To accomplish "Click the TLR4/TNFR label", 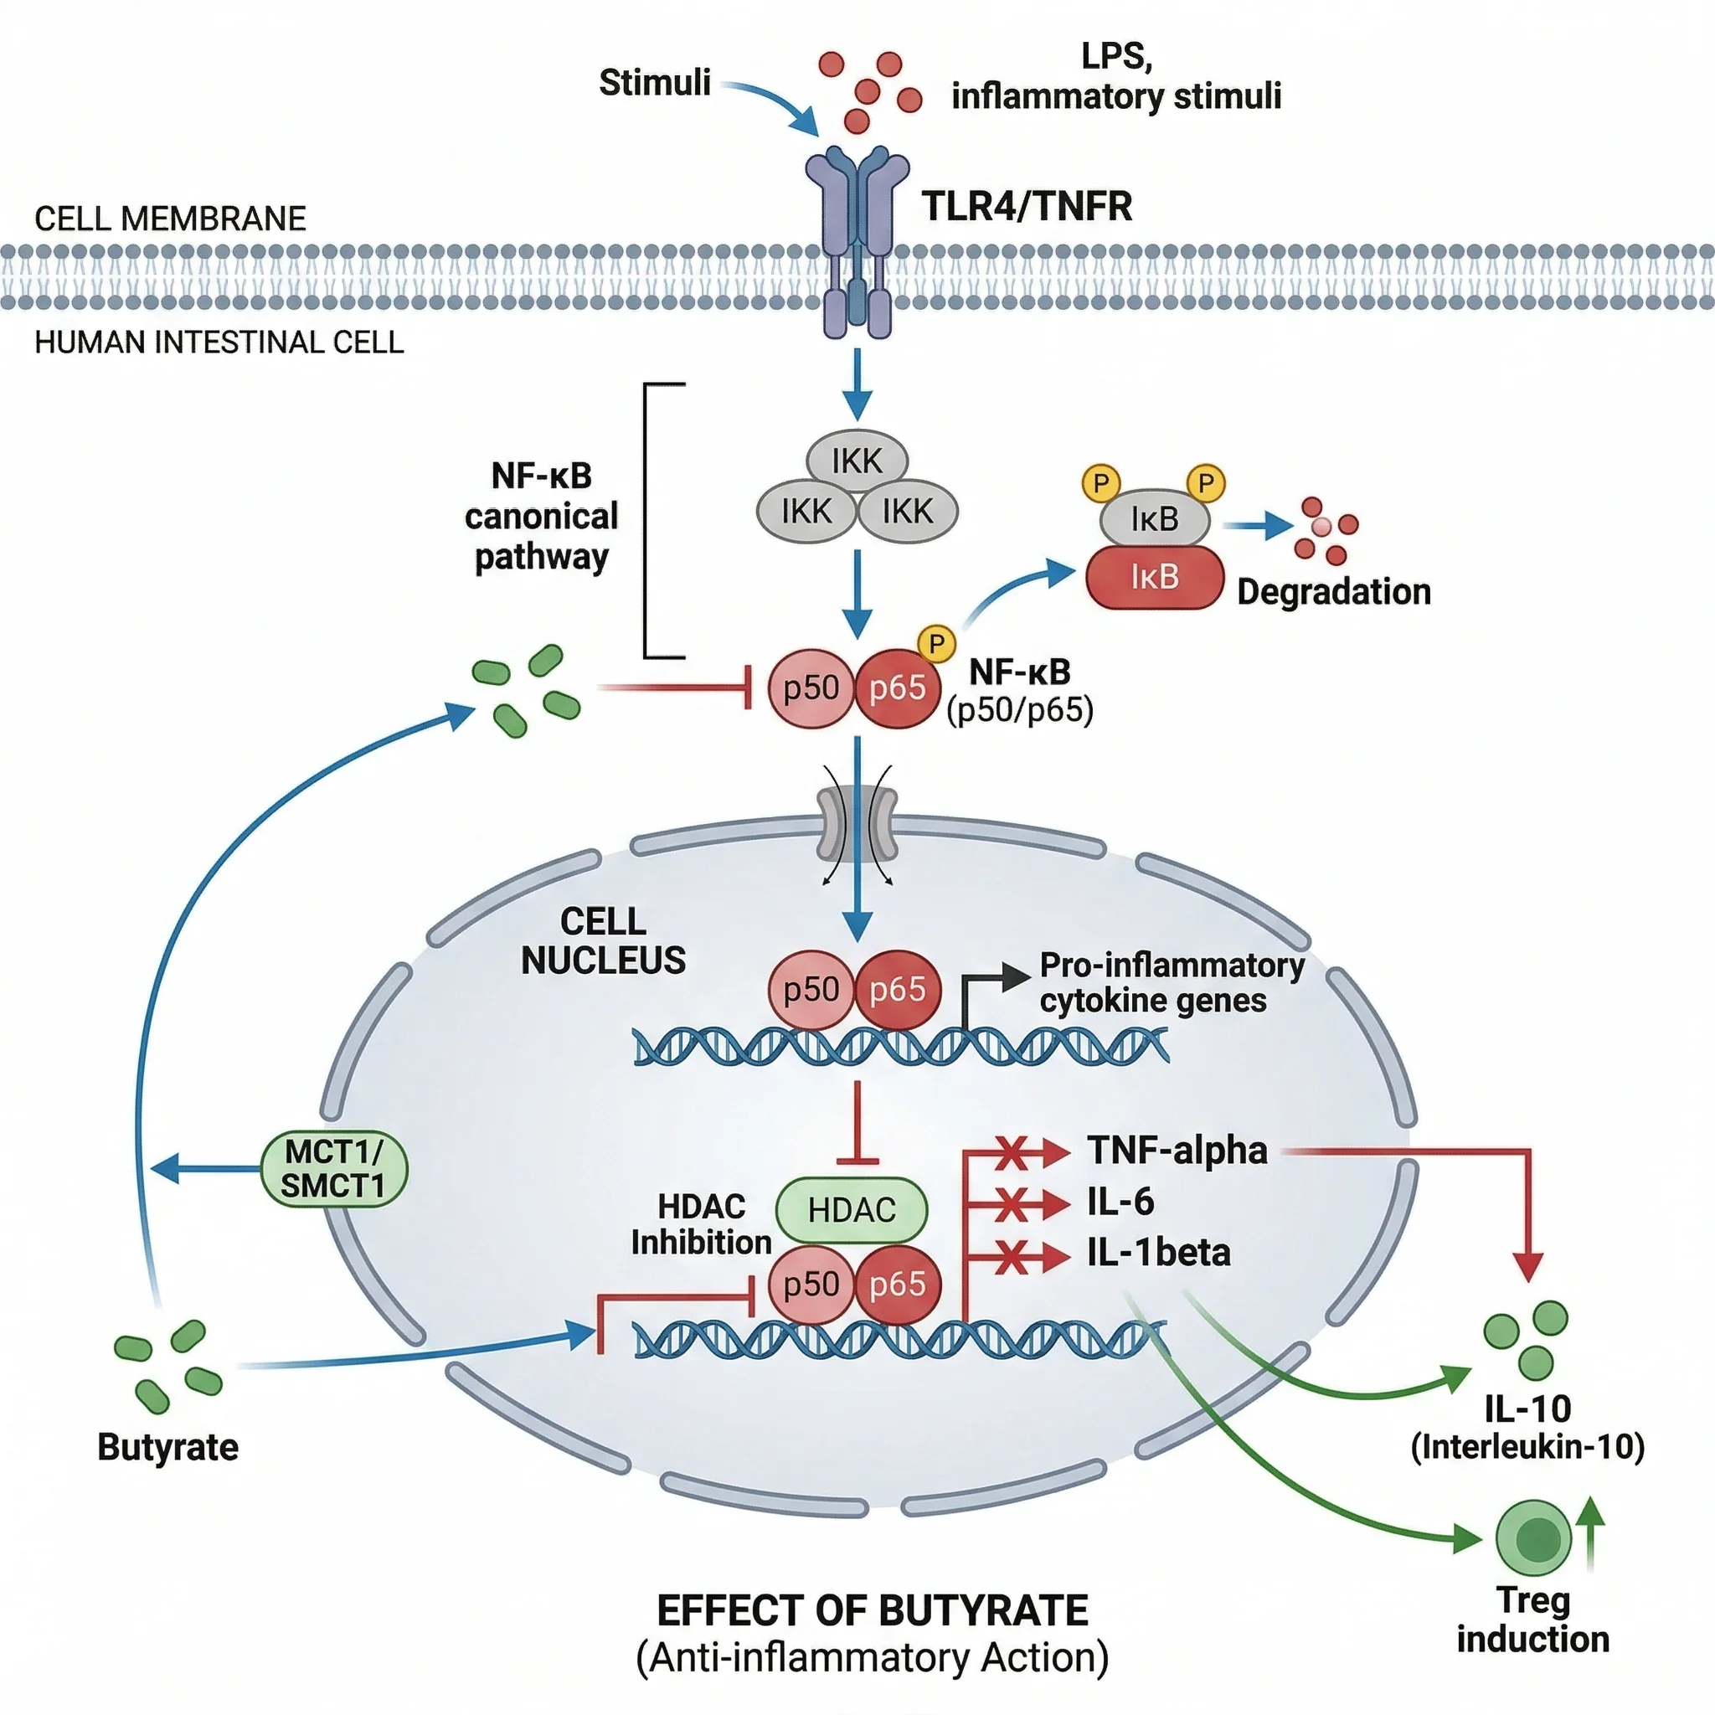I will point(1026,206).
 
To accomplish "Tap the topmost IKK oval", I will point(857,461).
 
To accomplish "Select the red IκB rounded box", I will point(1154,577).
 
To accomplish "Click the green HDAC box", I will point(852,1209).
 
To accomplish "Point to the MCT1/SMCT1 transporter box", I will point(334,1168).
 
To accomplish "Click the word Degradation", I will point(1333,591).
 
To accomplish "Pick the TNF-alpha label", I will point(1177,1151).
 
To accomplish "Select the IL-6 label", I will point(1120,1202).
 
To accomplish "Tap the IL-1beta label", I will point(1158,1253).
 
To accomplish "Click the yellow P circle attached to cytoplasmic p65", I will point(935,642).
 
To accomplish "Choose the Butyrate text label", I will point(167,1447).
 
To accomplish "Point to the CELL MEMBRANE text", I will point(171,219).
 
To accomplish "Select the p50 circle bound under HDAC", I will point(811,1284).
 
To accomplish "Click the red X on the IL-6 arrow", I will point(1011,1204).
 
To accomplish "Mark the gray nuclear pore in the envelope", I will point(857,821).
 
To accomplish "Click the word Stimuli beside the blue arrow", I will point(654,83).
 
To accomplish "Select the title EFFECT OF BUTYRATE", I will point(872,1611).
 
